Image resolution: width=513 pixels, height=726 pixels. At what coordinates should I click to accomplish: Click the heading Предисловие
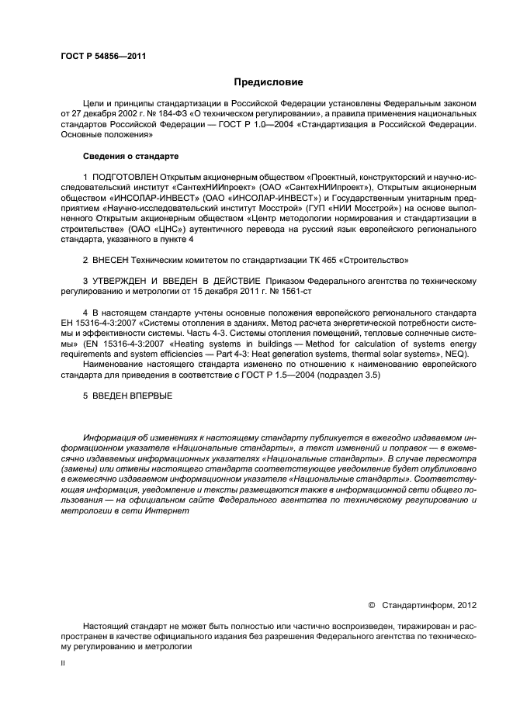[269, 81]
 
